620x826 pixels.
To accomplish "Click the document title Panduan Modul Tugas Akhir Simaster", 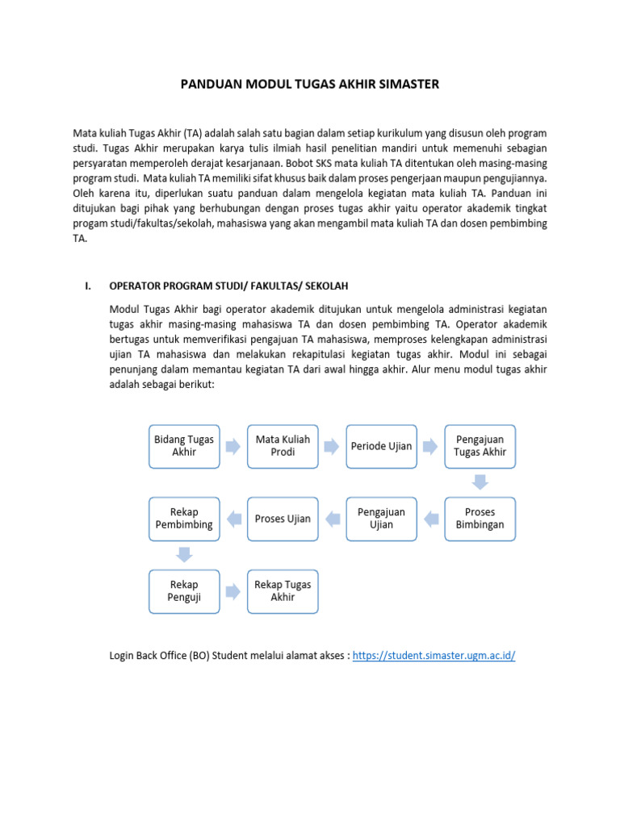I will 309,84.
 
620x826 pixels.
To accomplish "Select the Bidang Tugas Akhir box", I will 184,446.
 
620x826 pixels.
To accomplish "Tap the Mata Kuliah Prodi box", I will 283,446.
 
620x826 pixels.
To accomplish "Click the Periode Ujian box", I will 381,446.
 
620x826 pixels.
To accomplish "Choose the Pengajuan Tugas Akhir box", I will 480,446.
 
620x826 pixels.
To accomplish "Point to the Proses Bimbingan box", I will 480,518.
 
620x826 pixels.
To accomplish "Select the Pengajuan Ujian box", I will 381,518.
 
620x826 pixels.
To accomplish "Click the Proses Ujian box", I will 283,518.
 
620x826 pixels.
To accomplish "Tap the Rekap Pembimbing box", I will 184,518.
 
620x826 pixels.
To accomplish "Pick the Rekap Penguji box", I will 184,590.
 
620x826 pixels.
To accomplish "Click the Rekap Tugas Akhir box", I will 283,590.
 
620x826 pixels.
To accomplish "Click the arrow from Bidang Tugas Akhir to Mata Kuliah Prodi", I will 233,446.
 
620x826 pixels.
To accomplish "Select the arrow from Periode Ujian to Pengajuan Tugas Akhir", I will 431,446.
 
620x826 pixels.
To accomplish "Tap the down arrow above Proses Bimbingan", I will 480,482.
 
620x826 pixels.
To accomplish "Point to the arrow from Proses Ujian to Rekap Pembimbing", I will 233,519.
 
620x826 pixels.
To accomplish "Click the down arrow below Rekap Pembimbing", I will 184,554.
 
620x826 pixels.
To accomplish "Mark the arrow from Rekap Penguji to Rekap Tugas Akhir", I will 233,591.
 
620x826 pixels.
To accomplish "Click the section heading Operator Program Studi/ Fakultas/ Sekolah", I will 228,286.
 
